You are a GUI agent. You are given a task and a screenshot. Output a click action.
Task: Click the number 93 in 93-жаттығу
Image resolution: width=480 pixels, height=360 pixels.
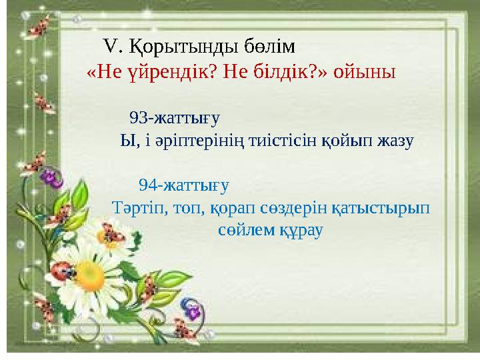pyautogui.click(x=138, y=118)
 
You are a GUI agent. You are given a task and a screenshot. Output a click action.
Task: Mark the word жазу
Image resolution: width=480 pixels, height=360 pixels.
pyautogui.click(x=396, y=141)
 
